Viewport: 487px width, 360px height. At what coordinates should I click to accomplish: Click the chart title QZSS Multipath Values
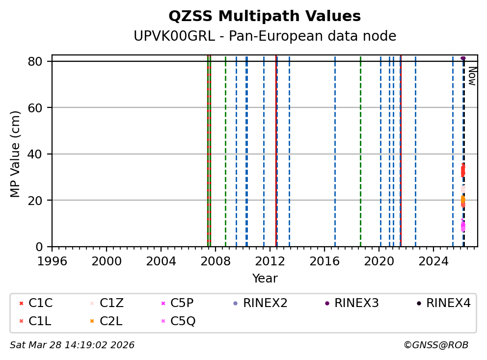coord(265,17)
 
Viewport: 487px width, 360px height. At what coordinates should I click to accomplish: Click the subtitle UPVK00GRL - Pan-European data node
coord(265,36)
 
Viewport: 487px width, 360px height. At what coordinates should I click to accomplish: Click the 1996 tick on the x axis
coord(52,260)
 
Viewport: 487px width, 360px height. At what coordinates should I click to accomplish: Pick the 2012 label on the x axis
coord(270,260)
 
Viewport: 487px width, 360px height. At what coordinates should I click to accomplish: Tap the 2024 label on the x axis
coord(433,260)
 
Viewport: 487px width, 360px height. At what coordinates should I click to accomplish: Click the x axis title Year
coord(265,279)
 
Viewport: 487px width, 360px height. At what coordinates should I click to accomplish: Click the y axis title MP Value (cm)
coord(16,154)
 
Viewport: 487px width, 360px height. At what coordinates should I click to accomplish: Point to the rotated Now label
coord(472,76)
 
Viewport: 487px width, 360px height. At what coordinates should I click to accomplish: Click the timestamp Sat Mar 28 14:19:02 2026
coord(72,345)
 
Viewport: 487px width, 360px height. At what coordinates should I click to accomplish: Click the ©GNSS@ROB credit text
coord(435,345)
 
